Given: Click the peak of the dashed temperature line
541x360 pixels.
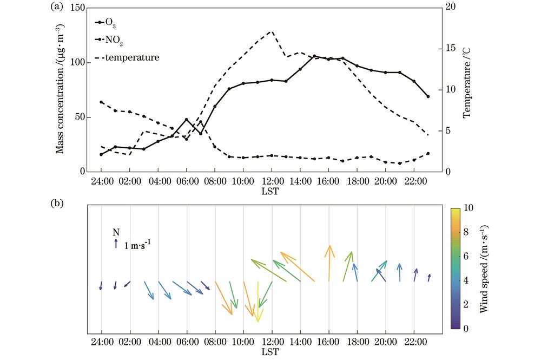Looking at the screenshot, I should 272,31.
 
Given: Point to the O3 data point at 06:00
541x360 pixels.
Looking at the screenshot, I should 187,119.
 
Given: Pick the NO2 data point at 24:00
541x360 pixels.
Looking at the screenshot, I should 101,102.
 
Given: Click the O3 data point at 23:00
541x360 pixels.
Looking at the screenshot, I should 428,96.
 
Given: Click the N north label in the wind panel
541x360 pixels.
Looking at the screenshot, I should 116,232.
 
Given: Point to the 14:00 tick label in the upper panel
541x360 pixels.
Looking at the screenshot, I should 300,180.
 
